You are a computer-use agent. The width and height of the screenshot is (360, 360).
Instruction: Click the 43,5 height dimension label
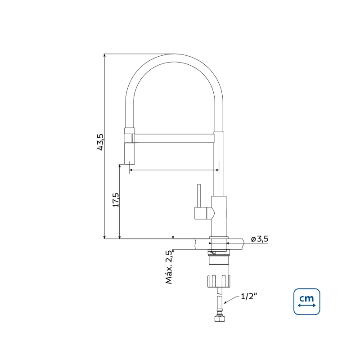100,142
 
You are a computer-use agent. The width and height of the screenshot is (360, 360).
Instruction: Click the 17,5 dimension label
116,200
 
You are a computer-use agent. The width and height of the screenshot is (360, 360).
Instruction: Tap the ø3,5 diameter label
260,239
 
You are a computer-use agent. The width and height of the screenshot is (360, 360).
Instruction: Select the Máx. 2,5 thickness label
169,267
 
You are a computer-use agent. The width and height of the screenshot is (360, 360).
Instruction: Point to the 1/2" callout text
249,297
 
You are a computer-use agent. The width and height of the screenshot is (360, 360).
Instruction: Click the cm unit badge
307,301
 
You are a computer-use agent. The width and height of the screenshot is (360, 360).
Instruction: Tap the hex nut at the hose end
220,319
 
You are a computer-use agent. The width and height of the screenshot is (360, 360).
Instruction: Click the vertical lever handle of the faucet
199,195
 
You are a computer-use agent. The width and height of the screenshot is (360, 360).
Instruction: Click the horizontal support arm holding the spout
175,138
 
